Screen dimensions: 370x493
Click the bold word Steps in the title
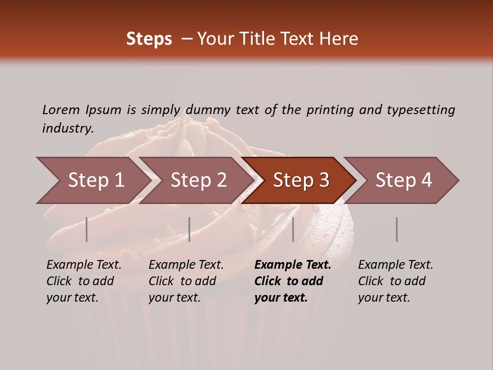click(x=149, y=39)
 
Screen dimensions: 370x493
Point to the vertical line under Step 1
click(x=87, y=229)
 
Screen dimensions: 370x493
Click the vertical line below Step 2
click(x=189, y=229)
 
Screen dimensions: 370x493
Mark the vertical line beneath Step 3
click(x=293, y=229)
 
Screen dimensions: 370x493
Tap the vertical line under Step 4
click(x=396, y=229)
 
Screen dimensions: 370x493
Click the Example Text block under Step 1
click(x=84, y=281)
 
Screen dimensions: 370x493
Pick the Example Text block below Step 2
click(x=186, y=281)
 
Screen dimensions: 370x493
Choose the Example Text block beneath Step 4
click(x=395, y=281)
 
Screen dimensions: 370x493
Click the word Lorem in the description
click(x=61, y=110)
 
